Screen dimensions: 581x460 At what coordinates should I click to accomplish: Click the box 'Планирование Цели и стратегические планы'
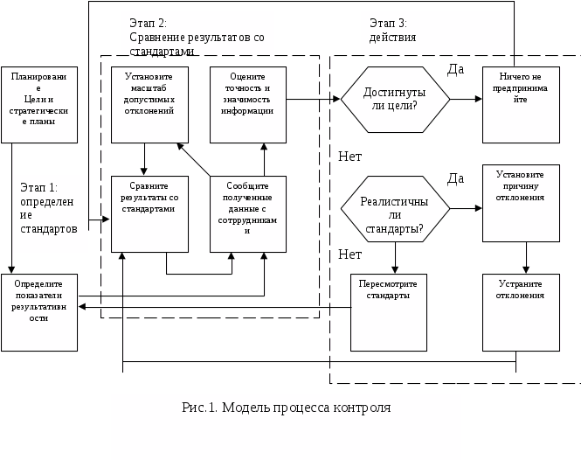tap(39, 105)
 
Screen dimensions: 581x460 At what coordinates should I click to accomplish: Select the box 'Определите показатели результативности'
tap(39, 312)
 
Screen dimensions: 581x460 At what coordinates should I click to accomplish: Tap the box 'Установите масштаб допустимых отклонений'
tap(149, 105)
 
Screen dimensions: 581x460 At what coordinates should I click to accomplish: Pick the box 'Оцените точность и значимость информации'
tap(248, 105)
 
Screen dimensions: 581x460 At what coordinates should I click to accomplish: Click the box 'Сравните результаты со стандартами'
tap(149, 214)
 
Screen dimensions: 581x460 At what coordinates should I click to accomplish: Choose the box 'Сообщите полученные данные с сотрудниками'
tap(248, 214)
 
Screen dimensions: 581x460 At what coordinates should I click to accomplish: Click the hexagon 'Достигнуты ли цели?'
tap(395, 100)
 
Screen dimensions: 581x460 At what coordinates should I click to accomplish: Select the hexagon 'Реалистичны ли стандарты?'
tap(395, 209)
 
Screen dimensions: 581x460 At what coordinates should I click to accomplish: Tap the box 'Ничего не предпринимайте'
tap(521, 105)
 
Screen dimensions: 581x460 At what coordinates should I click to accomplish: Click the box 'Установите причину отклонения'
tap(521, 203)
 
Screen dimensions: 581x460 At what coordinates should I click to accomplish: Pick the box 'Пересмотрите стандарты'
tap(389, 312)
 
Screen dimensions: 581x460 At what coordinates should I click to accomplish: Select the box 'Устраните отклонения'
tap(521, 312)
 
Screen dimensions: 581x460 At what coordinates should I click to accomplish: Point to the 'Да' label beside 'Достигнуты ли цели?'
tap(455, 69)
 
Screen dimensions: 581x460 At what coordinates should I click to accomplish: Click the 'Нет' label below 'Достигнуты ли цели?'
tap(349, 157)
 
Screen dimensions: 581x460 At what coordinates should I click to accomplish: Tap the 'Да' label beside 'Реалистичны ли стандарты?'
tap(455, 178)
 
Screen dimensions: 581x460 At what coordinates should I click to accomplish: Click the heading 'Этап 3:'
tap(388, 24)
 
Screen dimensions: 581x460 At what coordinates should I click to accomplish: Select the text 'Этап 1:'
tap(38, 188)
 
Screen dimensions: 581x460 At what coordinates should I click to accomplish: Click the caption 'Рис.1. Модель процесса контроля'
tap(286, 408)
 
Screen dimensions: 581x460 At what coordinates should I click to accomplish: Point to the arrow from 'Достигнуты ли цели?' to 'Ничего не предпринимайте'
tap(467, 99)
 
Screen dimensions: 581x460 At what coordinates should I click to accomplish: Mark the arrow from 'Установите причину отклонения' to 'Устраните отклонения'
tap(526, 258)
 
